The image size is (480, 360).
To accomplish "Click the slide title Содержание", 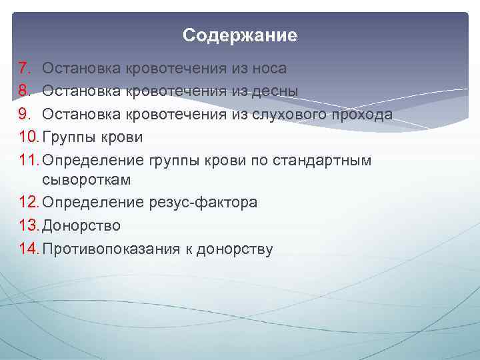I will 240,35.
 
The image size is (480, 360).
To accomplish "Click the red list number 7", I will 25,68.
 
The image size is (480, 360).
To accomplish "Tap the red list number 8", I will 25,91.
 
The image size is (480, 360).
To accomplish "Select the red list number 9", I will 25,114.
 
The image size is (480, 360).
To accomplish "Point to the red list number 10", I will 29,137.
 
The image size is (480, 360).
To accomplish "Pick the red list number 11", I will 29,160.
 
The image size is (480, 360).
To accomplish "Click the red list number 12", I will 29,203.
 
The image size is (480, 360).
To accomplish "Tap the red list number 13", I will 29,226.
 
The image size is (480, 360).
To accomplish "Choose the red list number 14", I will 29,249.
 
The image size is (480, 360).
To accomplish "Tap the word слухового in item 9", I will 288,114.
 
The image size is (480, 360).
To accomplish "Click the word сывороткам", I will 87,180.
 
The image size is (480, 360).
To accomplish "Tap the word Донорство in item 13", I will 81,226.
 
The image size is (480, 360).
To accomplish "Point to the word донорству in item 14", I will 233,249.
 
